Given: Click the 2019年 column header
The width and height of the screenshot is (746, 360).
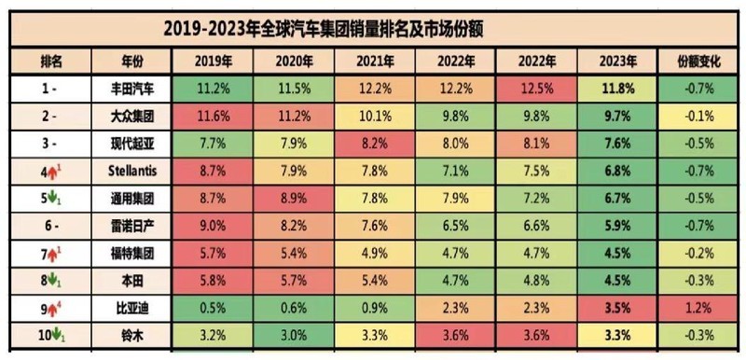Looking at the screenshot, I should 213,62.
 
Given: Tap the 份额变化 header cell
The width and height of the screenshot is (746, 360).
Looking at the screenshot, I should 699,62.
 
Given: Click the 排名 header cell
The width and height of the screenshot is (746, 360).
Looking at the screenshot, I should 51,62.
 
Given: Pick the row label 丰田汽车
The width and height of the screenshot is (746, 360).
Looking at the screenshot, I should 131,90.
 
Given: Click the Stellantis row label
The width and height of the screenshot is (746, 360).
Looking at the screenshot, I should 131,173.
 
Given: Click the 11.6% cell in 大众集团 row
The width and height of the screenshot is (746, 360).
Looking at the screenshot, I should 213,118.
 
